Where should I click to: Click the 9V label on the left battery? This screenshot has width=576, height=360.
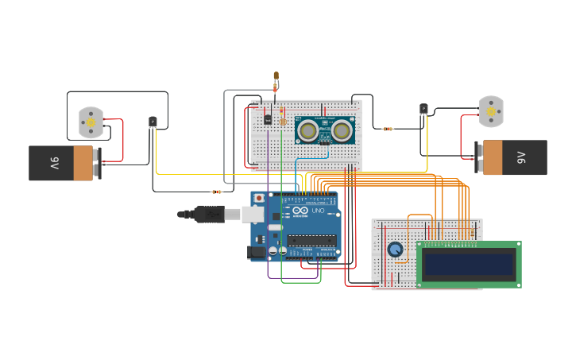coord(55,164)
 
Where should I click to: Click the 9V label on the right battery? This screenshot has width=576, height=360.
coord(521,157)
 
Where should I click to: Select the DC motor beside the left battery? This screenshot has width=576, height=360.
coord(91,122)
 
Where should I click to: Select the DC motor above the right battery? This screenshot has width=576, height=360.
coord(491,111)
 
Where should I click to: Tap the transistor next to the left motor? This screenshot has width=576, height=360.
coord(153,122)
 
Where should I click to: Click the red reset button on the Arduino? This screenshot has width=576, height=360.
coord(258,197)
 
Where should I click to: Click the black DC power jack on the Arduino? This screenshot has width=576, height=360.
coord(257,252)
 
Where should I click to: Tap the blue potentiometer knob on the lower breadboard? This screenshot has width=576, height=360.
coord(395,250)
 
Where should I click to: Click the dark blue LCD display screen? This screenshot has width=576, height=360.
coord(469,264)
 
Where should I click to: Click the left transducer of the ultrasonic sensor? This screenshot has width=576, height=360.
coord(308,129)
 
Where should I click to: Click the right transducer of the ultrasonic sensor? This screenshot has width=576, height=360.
coord(342,129)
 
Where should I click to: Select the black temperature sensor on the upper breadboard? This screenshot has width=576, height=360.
coord(269,119)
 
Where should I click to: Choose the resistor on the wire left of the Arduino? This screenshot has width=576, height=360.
coord(216,192)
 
